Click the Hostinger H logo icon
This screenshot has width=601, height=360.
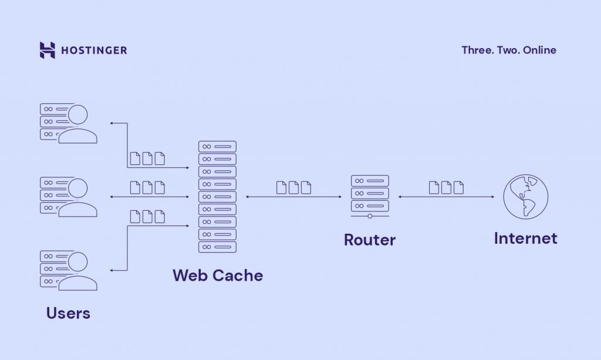47,50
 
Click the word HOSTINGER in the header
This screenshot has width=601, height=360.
94,50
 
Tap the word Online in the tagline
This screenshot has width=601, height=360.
541,50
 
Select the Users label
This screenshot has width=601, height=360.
68,313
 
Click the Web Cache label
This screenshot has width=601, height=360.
218,275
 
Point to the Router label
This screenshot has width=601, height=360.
370,240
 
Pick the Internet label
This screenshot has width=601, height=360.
525,238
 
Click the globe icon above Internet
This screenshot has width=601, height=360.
525,197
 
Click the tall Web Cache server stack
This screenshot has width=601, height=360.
217,197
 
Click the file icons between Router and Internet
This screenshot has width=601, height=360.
446,187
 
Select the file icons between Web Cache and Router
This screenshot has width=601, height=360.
293,187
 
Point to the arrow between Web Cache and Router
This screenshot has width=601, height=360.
293,197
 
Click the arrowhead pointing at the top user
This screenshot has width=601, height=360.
112,123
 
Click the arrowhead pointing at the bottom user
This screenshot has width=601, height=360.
112,270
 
